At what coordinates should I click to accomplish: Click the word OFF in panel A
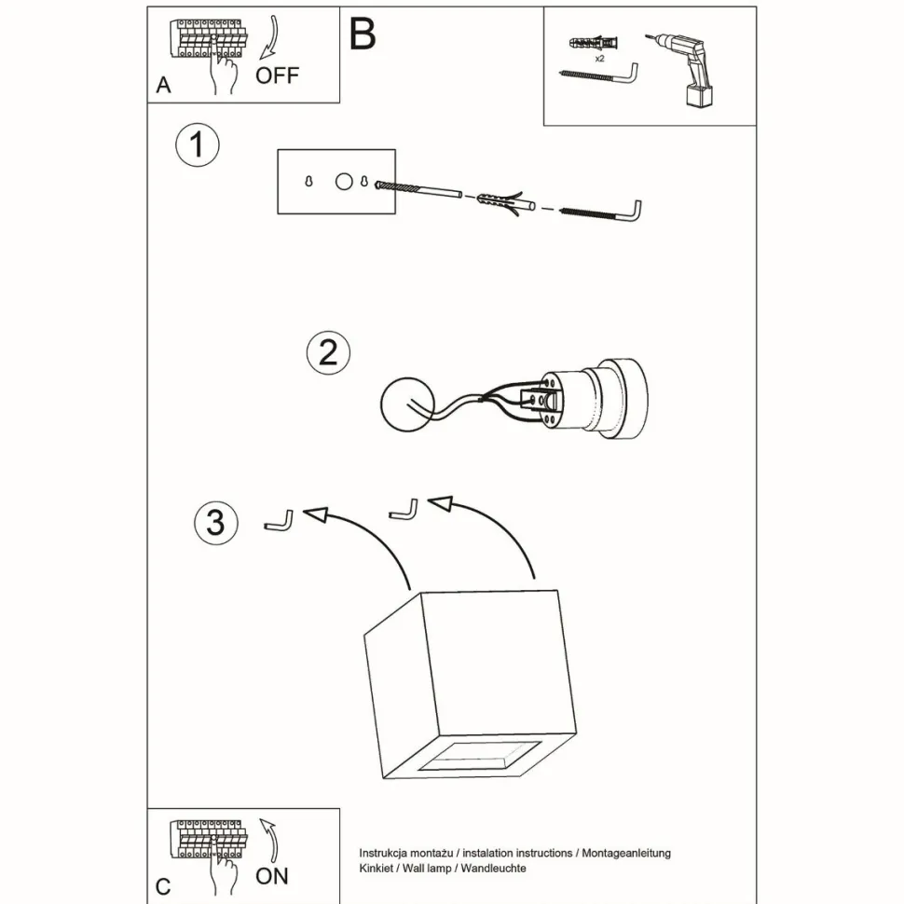[x=278, y=75]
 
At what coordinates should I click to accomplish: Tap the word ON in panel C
[x=272, y=875]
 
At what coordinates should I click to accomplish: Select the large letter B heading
[x=363, y=34]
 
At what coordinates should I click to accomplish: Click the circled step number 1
[x=198, y=146]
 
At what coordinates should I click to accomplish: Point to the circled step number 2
[x=328, y=353]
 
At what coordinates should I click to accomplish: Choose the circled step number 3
[x=215, y=522]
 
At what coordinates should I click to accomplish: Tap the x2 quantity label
[x=598, y=58]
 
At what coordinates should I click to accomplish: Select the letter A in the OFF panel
[x=164, y=86]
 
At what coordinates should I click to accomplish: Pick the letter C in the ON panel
[x=164, y=886]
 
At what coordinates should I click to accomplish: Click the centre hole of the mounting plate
[x=344, y=182]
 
